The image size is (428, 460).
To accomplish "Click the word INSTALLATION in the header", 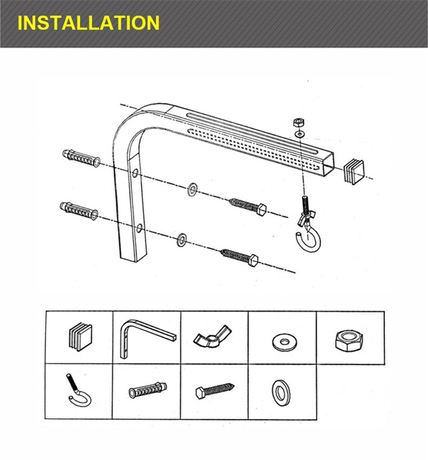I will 89,23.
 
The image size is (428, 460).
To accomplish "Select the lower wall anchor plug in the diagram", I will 79,210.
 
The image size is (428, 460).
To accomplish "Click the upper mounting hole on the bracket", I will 135,173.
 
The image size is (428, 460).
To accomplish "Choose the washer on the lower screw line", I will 182,239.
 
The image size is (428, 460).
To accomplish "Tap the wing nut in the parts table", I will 211,336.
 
